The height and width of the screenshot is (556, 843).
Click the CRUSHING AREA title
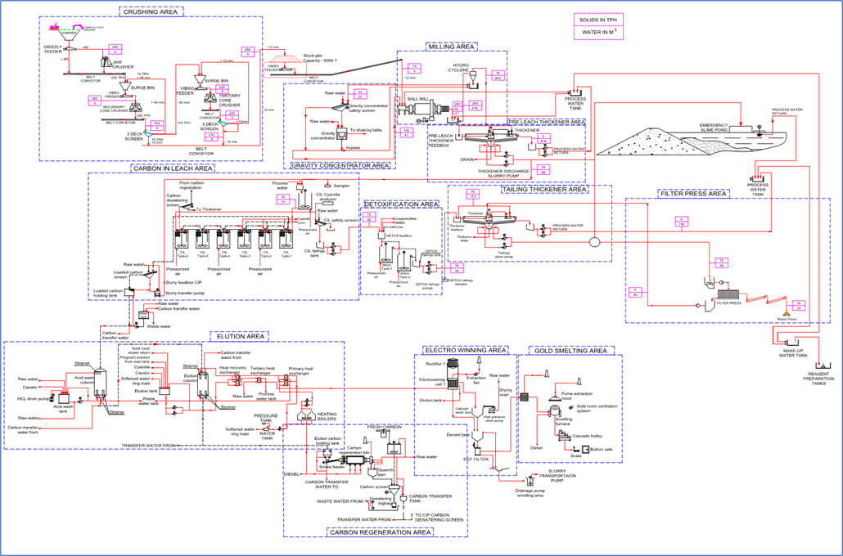[151, 12]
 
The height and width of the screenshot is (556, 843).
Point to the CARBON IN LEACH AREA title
[172, 168]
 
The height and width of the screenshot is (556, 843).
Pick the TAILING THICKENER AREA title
[544, 189]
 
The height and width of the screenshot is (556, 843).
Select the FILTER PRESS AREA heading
[692, 194]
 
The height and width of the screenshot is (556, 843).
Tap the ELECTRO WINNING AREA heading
[465, 350]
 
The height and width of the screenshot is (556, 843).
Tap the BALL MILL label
[419, 99]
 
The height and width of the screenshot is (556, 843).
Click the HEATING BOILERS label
[327, 417]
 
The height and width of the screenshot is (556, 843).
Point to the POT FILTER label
[476, 459]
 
